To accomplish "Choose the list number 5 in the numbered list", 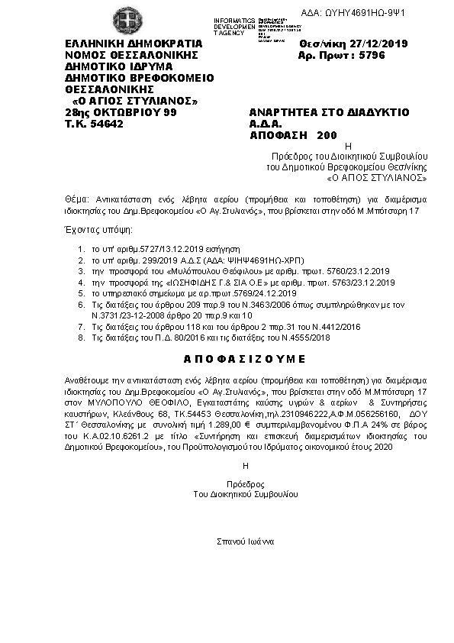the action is pos(80,293).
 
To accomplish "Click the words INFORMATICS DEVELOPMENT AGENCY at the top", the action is pos(234,24).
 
